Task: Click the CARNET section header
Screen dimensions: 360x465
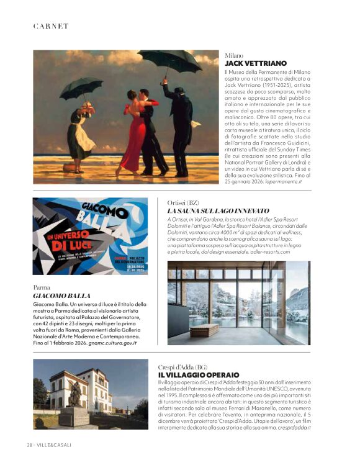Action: [51, 26]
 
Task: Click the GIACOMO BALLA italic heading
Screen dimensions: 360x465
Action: [61, 296]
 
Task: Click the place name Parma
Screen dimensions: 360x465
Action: [42, 287]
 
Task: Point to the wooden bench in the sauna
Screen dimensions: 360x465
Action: [204, 330]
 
